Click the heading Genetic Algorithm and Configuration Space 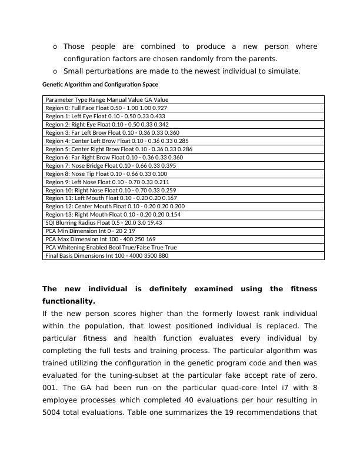pyautogui.click(x=100, y=85)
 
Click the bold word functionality pyautogui.click(x=68, y=301)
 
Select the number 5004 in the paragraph pyautogui.click(x=54, y=412)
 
